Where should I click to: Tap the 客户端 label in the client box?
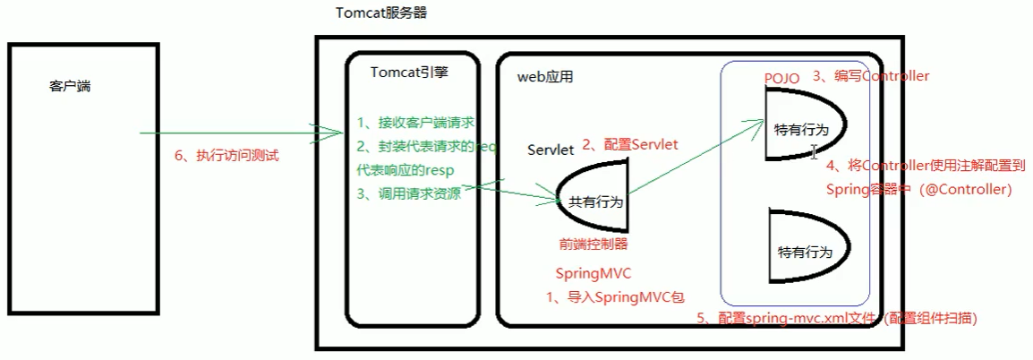[x=71, y=87]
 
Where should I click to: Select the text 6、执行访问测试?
[x=226, y=156]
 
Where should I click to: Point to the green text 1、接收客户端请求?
[x=414, y=123]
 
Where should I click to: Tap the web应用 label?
[x=545, y=77]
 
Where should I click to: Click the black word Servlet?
[x=550, y=150]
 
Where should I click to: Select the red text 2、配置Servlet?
[x=630, y=143]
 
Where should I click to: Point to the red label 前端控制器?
[x=593, y=244]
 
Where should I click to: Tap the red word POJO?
[x=781, y=78]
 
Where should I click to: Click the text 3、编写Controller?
[x=870, y=76]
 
